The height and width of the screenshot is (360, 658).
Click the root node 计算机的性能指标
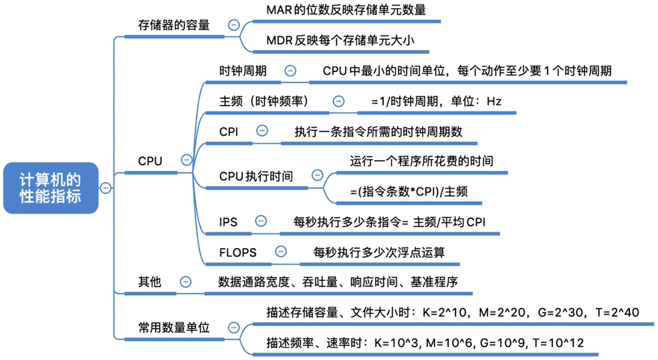tap(50, 188)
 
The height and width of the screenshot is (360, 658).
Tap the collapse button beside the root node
tap(106, 188)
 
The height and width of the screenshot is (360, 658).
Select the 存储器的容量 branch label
tap(174, 25)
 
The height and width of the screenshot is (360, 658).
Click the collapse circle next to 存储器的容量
tap(234, 25)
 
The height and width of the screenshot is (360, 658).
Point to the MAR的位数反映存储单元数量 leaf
tap(346, 10)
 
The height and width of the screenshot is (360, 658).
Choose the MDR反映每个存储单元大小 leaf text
tap(340, 41)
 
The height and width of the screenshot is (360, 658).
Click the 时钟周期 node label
tap(243, 71)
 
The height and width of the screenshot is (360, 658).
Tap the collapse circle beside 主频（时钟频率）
tap(339, 101)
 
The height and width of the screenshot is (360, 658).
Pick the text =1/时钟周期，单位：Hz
tap(436, 102)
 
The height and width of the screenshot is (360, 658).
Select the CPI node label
tap(228, 132)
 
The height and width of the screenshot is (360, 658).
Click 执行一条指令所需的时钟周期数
tap(378, 132)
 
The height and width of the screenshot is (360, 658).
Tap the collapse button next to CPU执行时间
tap(317, 175)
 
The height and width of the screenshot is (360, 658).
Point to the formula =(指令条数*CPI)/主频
tap(409, 192)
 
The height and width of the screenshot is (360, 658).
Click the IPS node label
tap(228, 222)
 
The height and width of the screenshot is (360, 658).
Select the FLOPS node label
tap(237, 253)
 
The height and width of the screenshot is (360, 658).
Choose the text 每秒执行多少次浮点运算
tap(379, 253)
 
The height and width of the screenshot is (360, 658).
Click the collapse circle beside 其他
tap(186, 282)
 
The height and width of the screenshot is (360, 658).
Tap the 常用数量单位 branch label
tap(174, 328)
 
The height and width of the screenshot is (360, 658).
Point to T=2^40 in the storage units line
tap(617, 313)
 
